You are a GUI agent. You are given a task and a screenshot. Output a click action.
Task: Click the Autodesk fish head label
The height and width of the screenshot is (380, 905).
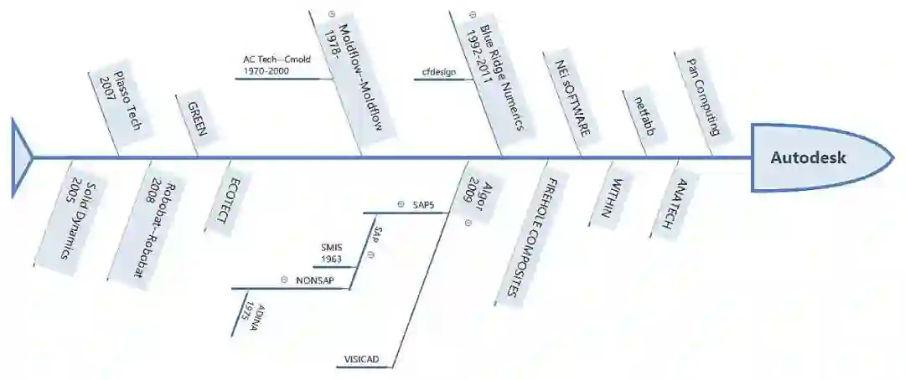tap(809, 157)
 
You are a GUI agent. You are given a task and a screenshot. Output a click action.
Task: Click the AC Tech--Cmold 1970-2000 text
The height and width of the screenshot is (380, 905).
tap(274, 66)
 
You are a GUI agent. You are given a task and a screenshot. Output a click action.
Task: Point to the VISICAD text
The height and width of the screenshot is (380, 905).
tap(361, 359)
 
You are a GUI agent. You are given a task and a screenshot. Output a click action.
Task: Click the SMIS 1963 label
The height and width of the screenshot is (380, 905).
tap(332, 254)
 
